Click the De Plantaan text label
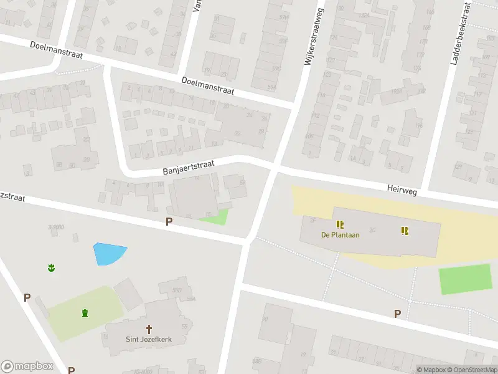pyautogui.click(x=341, y=235)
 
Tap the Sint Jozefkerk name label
pyautogui.click(x=149, y=340)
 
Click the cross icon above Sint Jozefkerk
pyautogui.click(x=149, y=328)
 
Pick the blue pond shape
pyautogui.click(x=109, y=252)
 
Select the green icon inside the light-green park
pyautogui.click(x=85, y=312)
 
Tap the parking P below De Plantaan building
pyautogui.click(x=397, y=314)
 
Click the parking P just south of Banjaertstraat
pyautogui.click(x=168, y=222)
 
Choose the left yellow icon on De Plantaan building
pyautogui.click(x=340, y=224)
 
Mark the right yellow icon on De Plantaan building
pyautogui.click(x=405, y=231)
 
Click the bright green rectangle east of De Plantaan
pyautogui.click(x=466, y=279)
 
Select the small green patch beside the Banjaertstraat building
pyautogui.click(x=215, y=216)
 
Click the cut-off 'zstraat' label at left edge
pyautogui.click(x=12, y=196)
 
